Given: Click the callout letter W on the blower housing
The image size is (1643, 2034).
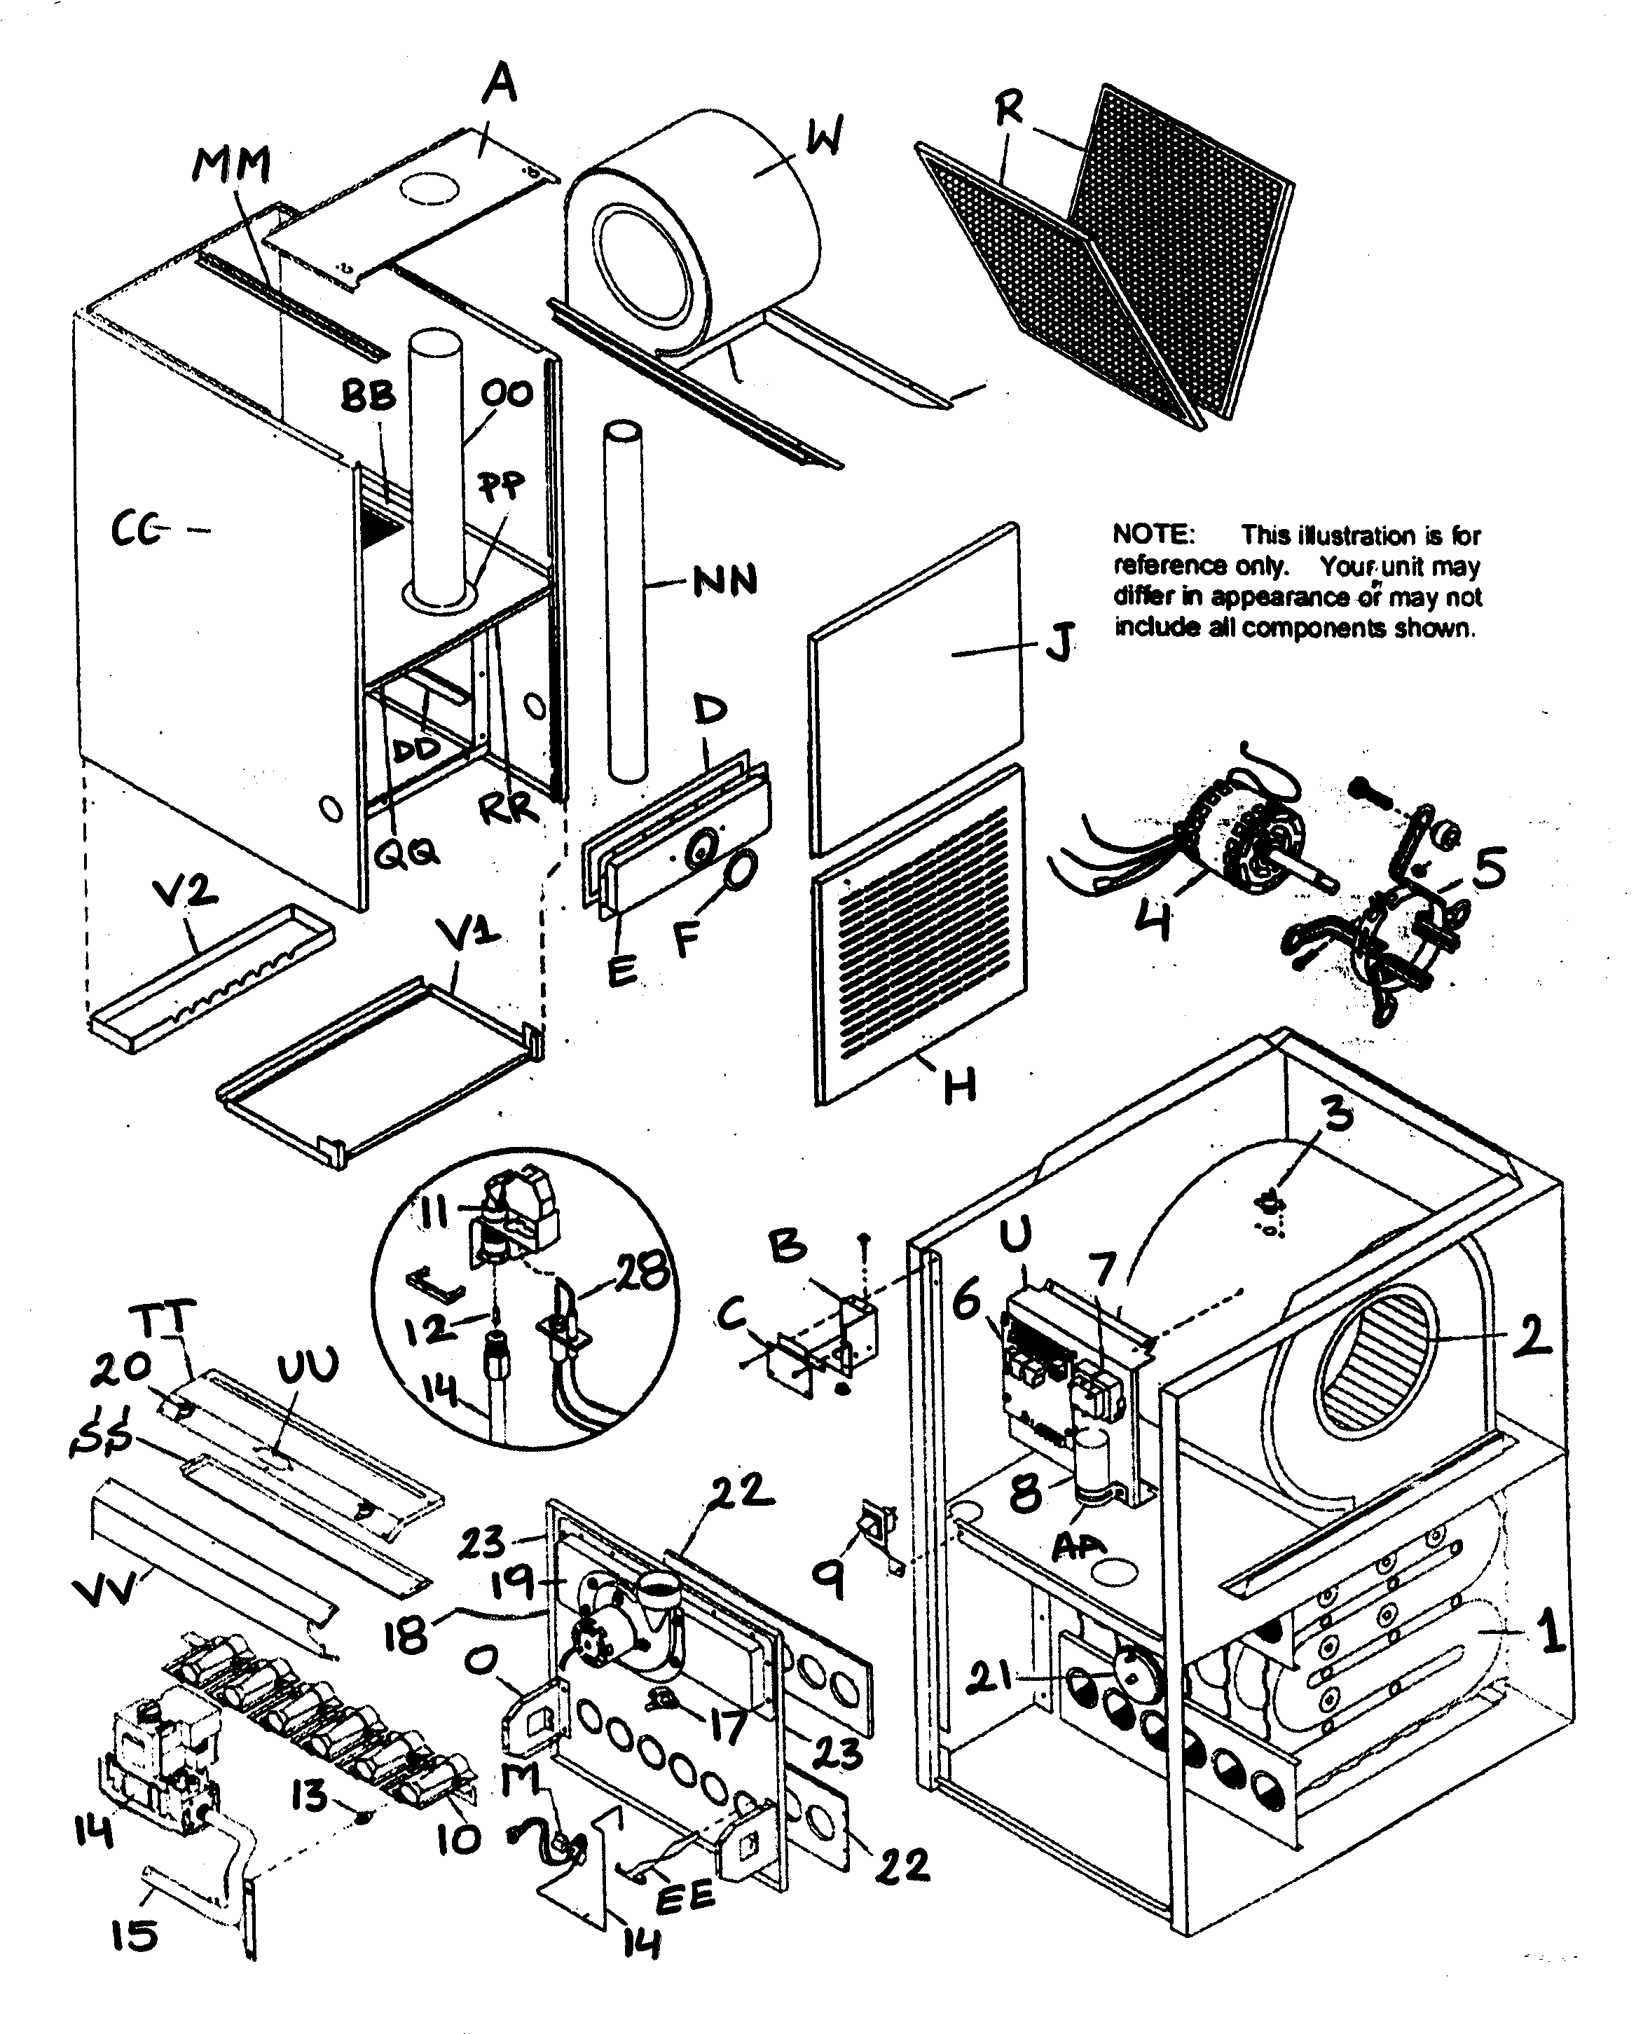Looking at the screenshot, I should coord(823,139).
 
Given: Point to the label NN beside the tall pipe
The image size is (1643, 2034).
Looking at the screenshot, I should coord(725,580).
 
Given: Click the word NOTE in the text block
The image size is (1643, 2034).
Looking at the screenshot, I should coord(1153,535).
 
